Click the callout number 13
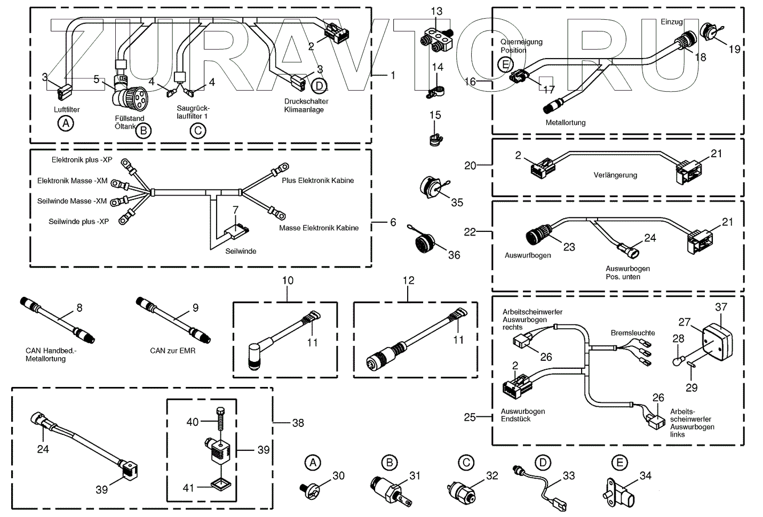436,11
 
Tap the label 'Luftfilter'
67,110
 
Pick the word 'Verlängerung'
615,175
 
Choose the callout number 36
454,255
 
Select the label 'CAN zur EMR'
173,351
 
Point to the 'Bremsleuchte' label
633,333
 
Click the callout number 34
646,475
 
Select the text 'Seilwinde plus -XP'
78,222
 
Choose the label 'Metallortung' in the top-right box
566,123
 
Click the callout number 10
288,280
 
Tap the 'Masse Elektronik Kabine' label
319,228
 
